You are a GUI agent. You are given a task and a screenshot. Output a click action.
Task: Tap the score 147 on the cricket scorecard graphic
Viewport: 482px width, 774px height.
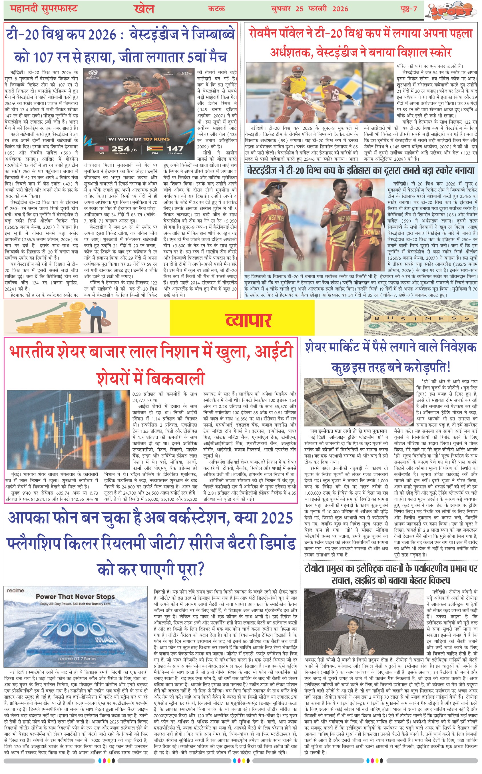coord(175,149)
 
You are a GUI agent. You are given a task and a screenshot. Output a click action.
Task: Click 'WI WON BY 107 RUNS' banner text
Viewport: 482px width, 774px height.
coord(139,139)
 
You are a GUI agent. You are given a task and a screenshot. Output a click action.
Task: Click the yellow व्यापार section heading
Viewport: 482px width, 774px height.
coord(248,320)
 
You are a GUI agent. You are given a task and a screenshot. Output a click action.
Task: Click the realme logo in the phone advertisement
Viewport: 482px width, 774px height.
coord(15,590)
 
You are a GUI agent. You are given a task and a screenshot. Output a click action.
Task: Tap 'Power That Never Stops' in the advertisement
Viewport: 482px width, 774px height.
coord(75,596)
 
